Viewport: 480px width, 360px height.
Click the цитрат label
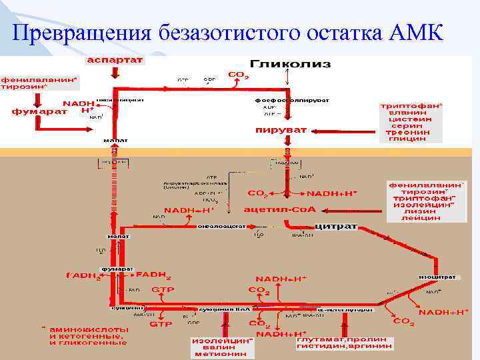click(336, 227)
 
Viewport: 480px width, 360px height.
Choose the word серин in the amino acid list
click(406, 125)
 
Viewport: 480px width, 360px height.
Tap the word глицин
click(406, 139)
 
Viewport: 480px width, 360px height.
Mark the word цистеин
click(406, 119)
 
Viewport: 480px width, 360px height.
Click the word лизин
click(421, 211)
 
